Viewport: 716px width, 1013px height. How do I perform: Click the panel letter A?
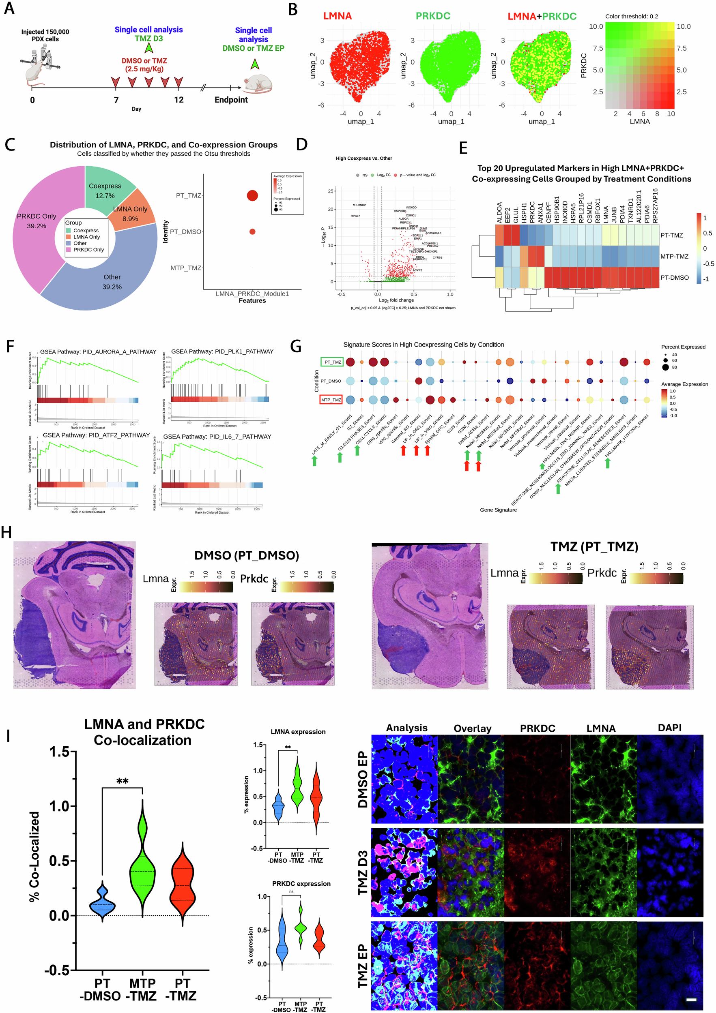pos(9,9)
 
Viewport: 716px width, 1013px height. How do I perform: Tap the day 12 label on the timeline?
pos(179,100)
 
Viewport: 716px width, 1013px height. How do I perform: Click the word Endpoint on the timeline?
pos(231,100)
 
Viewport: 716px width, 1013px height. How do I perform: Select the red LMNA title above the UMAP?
pos(337,16)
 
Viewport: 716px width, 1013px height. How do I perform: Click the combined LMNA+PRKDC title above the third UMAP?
pos(542,16)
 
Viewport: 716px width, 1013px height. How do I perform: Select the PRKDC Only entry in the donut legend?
pos(88,250)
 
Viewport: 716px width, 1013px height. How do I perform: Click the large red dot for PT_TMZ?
pos(252,195)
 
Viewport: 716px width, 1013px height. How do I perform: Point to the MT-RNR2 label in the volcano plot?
pos(359,205)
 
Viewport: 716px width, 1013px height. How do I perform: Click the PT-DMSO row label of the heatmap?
pos(674,278)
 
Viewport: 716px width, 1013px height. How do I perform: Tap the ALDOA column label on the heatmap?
pos(499,212)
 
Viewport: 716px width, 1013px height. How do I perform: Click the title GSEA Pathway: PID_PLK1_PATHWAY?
pos(222,351)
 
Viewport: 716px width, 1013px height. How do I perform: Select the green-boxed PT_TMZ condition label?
pos(332,362)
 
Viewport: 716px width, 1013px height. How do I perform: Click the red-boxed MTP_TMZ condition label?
pos(331,400)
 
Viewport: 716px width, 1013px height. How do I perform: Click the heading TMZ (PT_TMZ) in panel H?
pos(594,547)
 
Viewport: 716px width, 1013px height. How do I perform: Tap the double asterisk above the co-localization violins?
pos(122,782)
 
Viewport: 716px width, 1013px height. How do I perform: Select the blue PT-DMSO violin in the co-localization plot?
pos(102,903)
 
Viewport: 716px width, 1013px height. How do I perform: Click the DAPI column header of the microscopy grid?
pos(669,728)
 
